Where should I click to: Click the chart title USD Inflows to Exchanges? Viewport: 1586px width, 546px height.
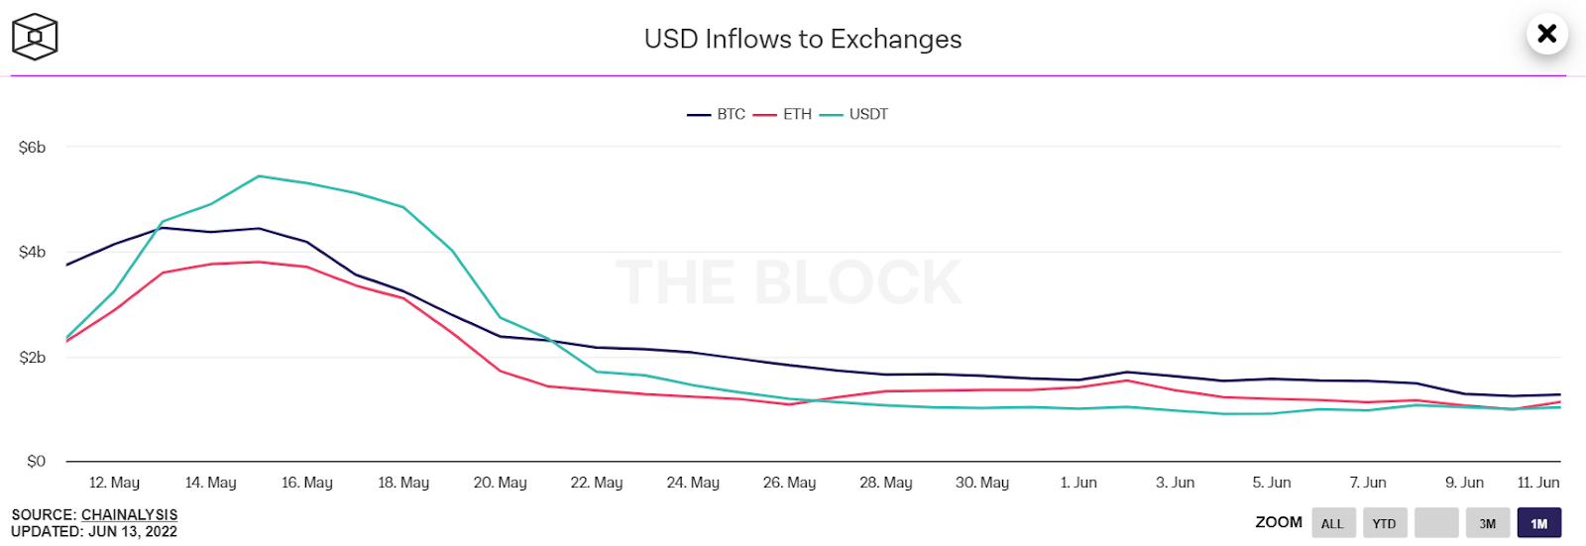(x=802, y=39)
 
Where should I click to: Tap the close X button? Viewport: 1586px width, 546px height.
(x=1546, y=35)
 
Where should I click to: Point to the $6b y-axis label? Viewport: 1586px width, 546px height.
(x=33, y=148)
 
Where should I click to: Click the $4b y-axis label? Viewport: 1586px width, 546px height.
(x=33, y=253)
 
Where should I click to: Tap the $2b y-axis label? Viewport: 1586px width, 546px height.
(x=33, y=358)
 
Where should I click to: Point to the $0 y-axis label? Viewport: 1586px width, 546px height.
(x=36, y=462)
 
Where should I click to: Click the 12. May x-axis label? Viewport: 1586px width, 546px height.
(x=114, y=483)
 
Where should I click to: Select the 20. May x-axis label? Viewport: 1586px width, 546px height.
(x=500, y=483)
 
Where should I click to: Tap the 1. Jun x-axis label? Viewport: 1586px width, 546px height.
(x=1078, y=483)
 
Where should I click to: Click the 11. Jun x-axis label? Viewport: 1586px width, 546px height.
(x=1537, y=483)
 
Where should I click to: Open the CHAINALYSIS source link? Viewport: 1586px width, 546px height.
(x=129, y=515)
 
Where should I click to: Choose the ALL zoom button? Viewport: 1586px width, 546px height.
(x=1332, y=523)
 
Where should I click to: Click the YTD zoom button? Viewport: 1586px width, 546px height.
(x=1384, y=523)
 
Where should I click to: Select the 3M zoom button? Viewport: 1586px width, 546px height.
(x=1487, y=523)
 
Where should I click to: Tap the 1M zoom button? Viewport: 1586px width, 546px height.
(x=1538, y=523)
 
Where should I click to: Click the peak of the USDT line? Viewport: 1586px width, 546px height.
(x=259, y=176)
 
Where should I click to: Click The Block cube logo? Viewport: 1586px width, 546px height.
(x=35, y=38)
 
